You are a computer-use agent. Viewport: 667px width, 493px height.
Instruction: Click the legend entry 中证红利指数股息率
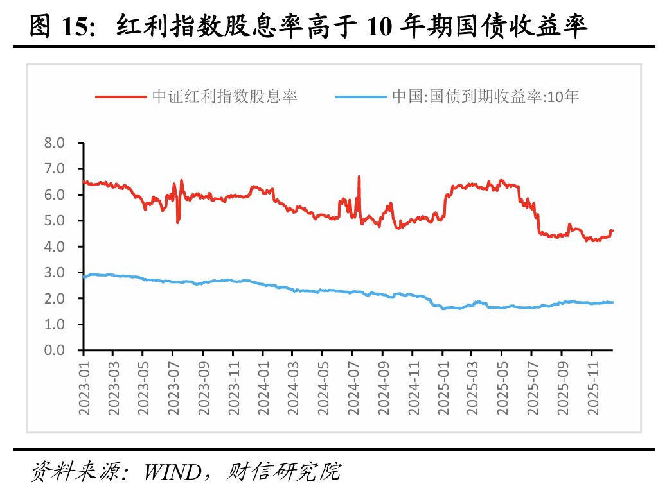(x=224, y=97)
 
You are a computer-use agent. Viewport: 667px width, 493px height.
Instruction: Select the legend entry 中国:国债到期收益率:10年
(x=486, y=97)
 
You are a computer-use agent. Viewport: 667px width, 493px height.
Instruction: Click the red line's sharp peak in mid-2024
(x=359, y=177)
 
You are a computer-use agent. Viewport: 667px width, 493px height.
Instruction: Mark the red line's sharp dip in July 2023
(x=177, y=222)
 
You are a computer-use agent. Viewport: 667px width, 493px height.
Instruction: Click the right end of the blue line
(x=612, y=302)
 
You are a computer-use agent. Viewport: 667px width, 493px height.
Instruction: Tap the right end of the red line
(x=612, y=230)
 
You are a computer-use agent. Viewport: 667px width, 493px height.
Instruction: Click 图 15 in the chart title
(x=62, y=27)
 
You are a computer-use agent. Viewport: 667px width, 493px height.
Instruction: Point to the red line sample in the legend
(x=121, y=97)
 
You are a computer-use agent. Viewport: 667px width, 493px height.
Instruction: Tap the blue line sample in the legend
(x=361, y=97)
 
